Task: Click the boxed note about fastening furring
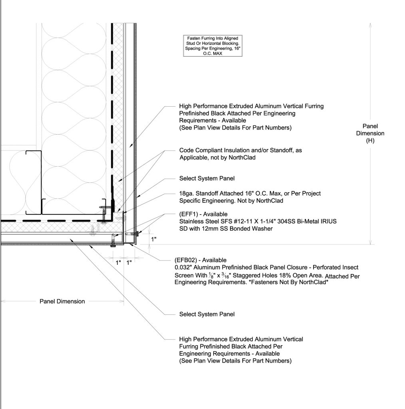click(213, 46)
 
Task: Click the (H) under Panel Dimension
click(370, 141)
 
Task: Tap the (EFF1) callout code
click(190, 214)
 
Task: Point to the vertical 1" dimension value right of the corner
click(153, 239)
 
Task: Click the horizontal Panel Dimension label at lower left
click(62, 301)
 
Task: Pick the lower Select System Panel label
click(207, 314)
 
